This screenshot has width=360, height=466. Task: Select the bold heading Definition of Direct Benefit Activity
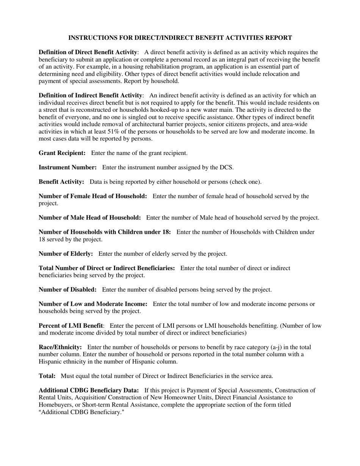coord(88,52)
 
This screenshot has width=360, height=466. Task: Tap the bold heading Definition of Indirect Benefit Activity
coord(91,95)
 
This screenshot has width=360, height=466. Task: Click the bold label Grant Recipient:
coord(62,153)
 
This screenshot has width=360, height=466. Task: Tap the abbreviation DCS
coord(226,167)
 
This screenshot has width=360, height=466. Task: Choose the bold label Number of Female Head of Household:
coord(93,196)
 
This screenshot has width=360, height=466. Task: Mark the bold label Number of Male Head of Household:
coord(90,218)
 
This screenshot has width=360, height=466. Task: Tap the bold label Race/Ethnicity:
coord(60,347)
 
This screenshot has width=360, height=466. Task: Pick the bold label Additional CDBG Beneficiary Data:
coord(89,391)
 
